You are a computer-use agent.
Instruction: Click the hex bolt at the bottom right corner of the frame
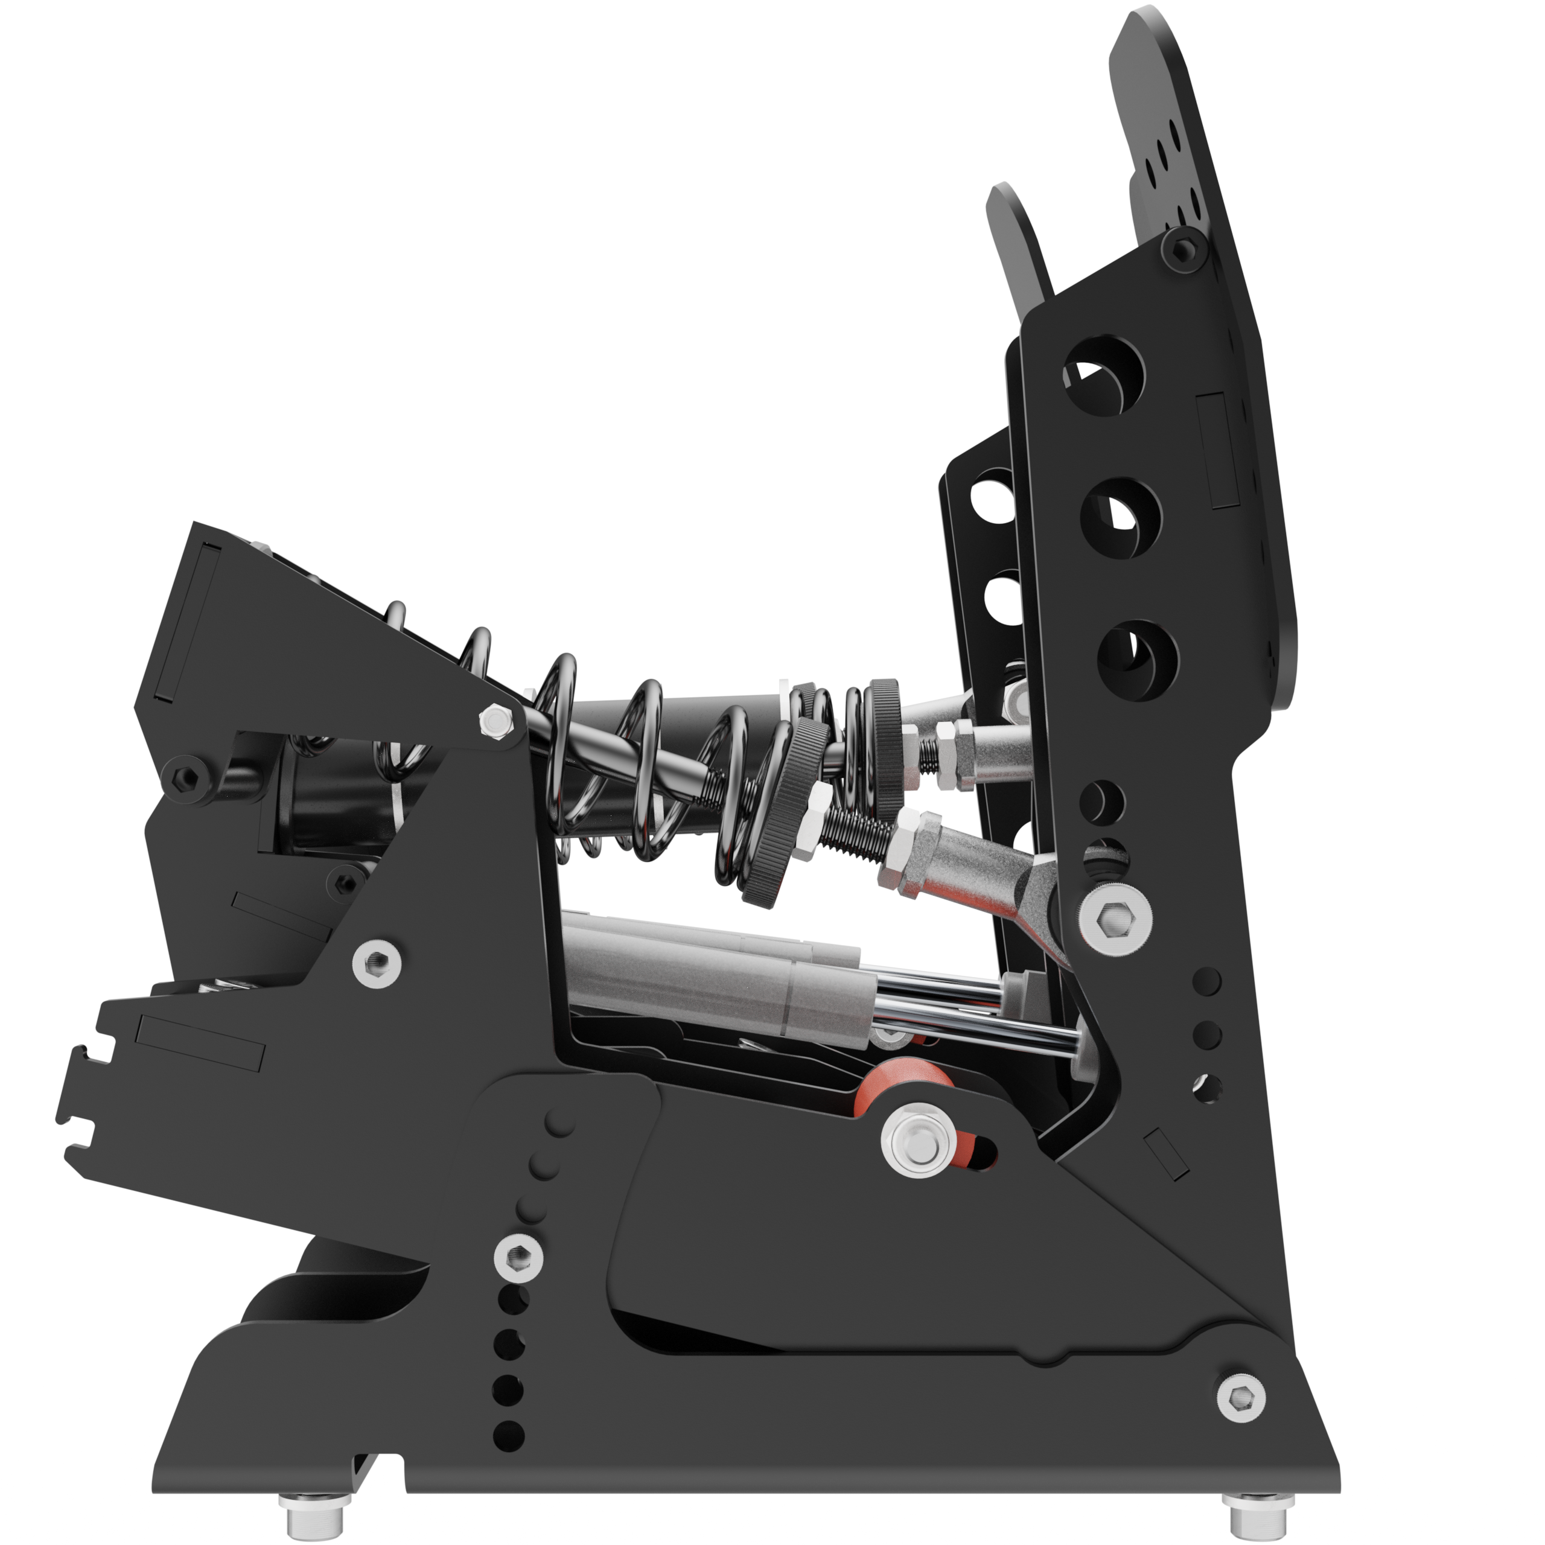tap(1240, 1397)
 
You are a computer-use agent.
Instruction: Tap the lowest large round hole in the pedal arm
tap(1136, 660)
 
